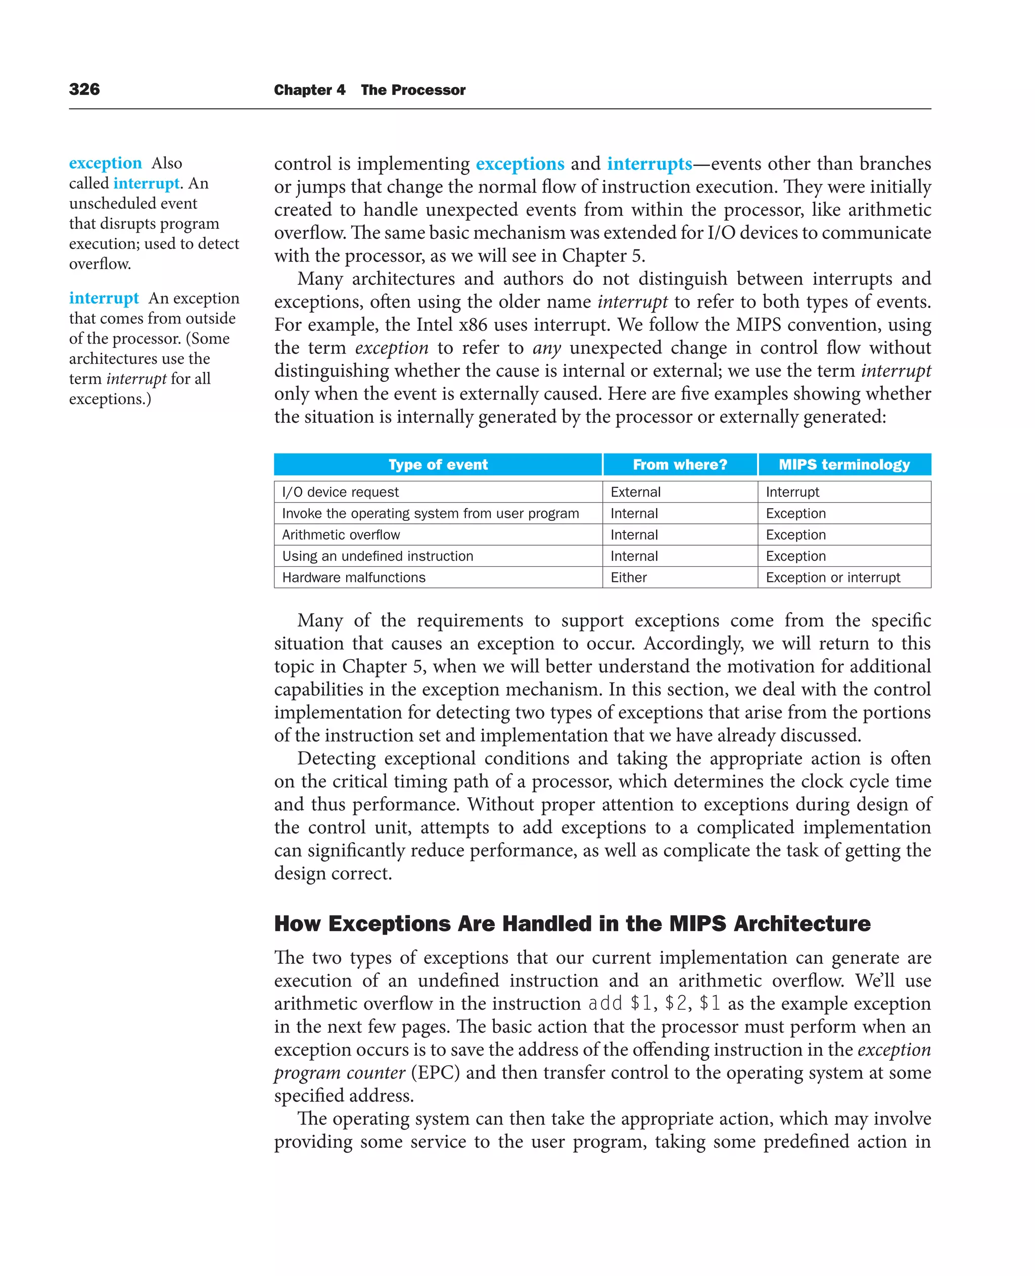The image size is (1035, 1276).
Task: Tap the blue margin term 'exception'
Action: point(106,163)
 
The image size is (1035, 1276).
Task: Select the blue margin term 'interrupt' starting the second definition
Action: point(104,298)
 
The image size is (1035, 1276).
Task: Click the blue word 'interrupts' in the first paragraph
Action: point(649,163)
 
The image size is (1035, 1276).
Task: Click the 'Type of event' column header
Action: point(438,464)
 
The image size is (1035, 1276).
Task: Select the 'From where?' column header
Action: point(680,464)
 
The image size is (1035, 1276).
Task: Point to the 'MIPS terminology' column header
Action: point(843,464)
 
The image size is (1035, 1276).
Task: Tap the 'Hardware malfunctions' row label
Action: point(354,577)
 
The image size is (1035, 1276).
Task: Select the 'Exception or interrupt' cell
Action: point(832,577)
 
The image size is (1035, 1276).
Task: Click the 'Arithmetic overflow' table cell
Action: point(341,534)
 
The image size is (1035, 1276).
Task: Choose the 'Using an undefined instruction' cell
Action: point(378,556)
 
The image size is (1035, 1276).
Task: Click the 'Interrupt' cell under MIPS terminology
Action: point(792,492)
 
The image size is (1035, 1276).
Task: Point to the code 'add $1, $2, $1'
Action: point(654,1004)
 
